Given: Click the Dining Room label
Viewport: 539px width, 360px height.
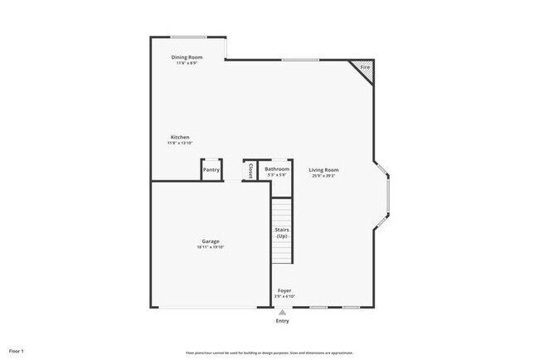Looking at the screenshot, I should click(187, 57).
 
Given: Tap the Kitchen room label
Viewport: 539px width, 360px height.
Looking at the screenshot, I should click(180, 137).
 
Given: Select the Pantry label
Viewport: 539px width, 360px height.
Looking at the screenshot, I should click(211, 170).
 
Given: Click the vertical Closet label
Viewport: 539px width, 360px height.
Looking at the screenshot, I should click(250, 169).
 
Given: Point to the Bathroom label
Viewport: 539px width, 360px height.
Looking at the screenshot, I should click(277, 169).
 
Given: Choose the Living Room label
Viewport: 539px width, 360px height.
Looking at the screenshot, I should click(324, 170).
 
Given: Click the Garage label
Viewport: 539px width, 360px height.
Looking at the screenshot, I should click(211, 241).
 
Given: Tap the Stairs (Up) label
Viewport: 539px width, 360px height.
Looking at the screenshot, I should click(282, 233).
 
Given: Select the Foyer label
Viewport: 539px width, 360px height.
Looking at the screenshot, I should click(284, 290).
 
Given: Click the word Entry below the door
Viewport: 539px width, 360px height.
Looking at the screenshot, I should click(283, 320).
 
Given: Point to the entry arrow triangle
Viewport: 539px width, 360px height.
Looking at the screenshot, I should click(283, 311).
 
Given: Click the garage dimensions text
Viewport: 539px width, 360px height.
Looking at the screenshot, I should click(211, 247).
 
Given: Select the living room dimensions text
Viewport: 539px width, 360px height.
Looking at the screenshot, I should click(324, 176).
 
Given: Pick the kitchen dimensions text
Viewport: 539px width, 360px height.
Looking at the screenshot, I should click(180, 143).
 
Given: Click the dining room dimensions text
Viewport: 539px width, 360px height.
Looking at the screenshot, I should click(187, 63).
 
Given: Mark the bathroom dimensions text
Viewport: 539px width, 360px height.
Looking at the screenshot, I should click(277, 175).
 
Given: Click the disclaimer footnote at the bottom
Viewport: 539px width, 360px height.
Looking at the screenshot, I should click(269, 352).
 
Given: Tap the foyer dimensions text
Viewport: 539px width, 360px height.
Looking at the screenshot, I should click(284, 296).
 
